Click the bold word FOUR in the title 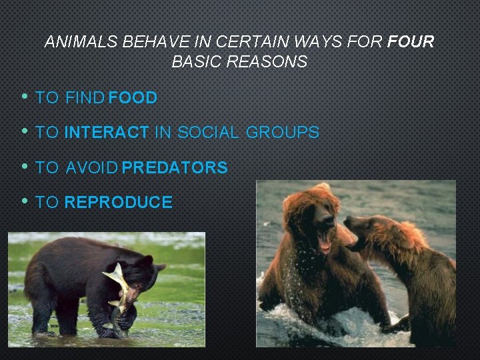point(409,42)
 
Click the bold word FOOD point(133,98)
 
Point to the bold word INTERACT point(107,133)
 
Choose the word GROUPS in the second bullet point(283,133)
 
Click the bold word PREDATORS point(175,167)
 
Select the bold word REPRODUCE point(119,202)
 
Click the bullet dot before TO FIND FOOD point(24,97)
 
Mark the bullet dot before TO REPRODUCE point(24,201)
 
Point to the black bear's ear point(160,267)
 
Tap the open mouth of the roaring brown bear point(325,241)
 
